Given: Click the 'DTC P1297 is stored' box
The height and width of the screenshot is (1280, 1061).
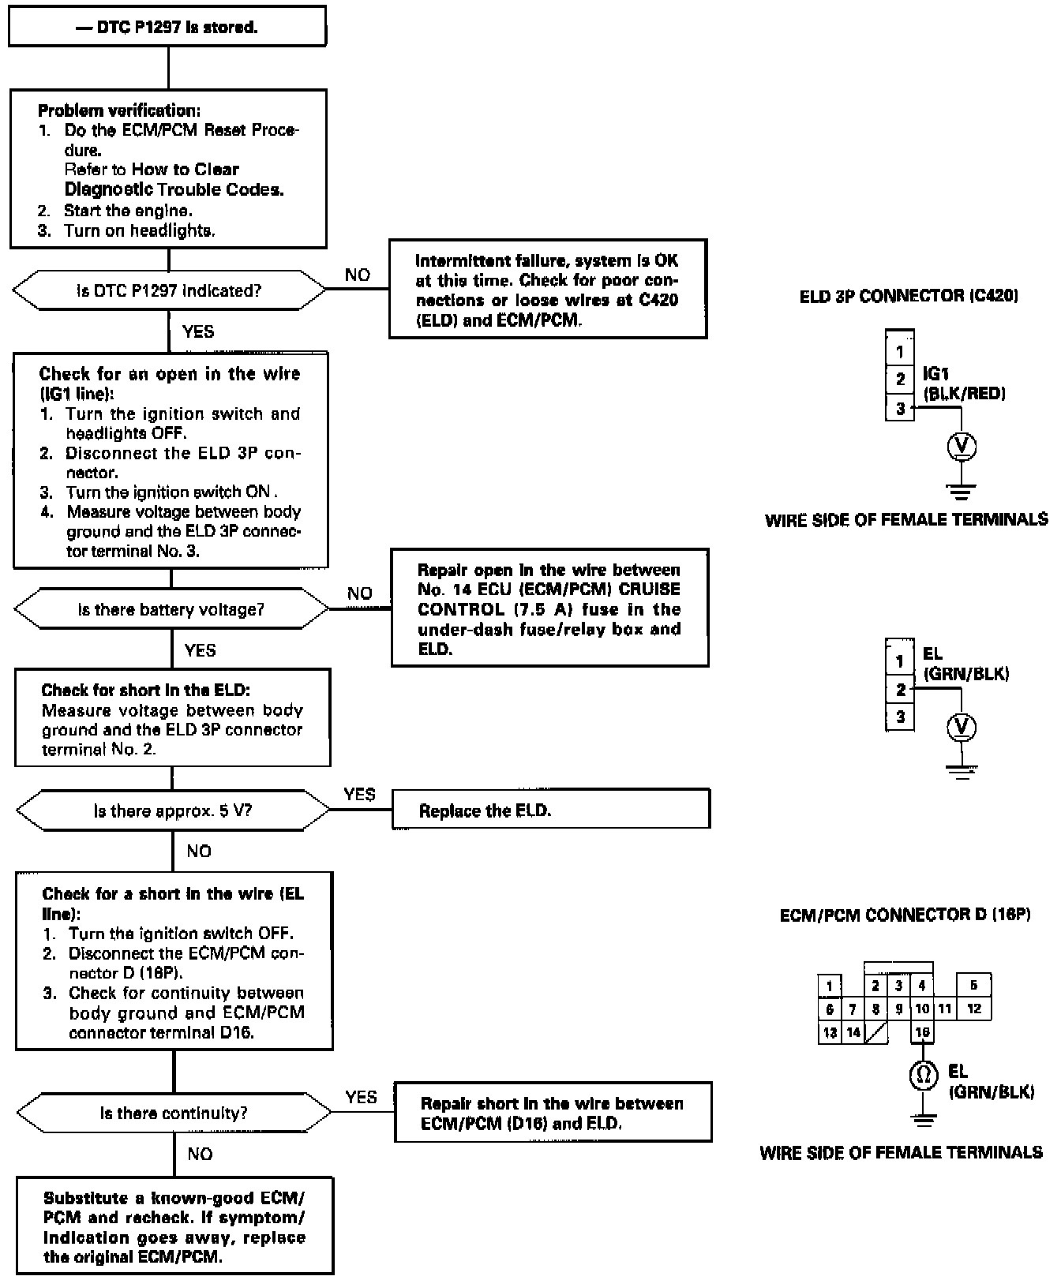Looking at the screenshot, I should (x=167, y=27).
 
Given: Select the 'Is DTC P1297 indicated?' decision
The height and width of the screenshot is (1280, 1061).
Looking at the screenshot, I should (x=169, y=290).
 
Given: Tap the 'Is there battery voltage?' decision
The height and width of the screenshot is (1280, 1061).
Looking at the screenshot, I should (x=171, y=609).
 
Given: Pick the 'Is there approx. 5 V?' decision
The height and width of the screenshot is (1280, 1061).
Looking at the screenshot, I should (x=173, y=810).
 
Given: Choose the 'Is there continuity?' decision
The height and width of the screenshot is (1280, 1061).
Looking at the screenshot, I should (x=174, y=1113).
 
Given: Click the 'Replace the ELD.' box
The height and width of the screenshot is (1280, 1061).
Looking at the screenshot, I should (x=551, y=810).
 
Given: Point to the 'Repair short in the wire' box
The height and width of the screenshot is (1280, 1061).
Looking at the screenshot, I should (x=553, y=1113).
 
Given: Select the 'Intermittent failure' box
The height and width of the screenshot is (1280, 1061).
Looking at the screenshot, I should (x=547, y=290).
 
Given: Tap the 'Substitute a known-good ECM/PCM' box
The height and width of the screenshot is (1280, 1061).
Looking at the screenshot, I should (x=174, y=1226).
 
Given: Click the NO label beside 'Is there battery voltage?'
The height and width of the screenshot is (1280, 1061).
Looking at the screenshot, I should (x=359, y=593).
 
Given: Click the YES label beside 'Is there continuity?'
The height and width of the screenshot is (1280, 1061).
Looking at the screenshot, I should (x=361, y=1097).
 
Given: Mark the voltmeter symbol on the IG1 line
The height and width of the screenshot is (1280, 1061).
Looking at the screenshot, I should (x=961, y=447).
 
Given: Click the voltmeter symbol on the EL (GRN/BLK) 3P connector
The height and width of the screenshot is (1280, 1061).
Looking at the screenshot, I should (x=961, y=727).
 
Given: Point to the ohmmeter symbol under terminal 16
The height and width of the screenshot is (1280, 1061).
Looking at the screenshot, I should (x=923, y=1075).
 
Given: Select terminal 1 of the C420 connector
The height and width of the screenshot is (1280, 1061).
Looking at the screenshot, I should (x=900, y=352).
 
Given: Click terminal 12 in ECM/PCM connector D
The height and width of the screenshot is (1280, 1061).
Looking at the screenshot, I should (x=974, y=1009).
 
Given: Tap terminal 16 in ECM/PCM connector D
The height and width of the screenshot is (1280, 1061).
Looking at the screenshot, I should (x=922, y=1031).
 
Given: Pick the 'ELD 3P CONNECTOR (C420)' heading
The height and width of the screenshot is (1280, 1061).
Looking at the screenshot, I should (x=908, y=297).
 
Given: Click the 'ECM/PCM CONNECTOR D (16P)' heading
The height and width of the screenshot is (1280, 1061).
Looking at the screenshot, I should (x=905, y=915).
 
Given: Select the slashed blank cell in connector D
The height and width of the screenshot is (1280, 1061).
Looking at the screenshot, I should (x=876, y=1032).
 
